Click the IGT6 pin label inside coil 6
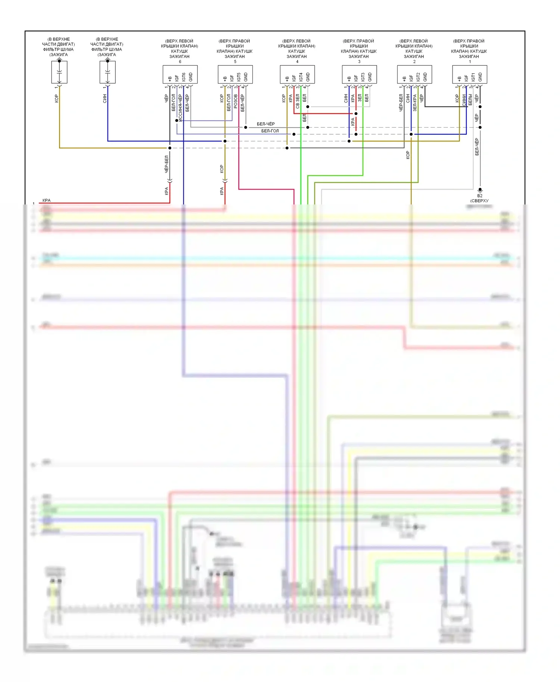pos(184,77)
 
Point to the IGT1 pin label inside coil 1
pos(473,77)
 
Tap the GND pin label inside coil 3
pos(370,77)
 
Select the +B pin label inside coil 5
pos(225,79)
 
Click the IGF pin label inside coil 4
pos(294,78)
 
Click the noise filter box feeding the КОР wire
pos(59,72)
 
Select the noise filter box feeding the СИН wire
pos(108,72)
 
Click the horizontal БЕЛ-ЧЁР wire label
pos(265,124)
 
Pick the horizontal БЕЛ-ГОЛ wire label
pos(270,131)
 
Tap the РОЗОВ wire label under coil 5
pos(236,101)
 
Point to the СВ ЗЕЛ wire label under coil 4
pos(298,101)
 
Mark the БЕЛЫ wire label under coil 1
pos(470,100)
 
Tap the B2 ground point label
pos(480,196)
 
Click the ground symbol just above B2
pos(480,190)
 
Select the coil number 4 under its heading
pos(297,62)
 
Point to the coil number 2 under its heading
pos(414,62)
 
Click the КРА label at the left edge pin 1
pos(46,200)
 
